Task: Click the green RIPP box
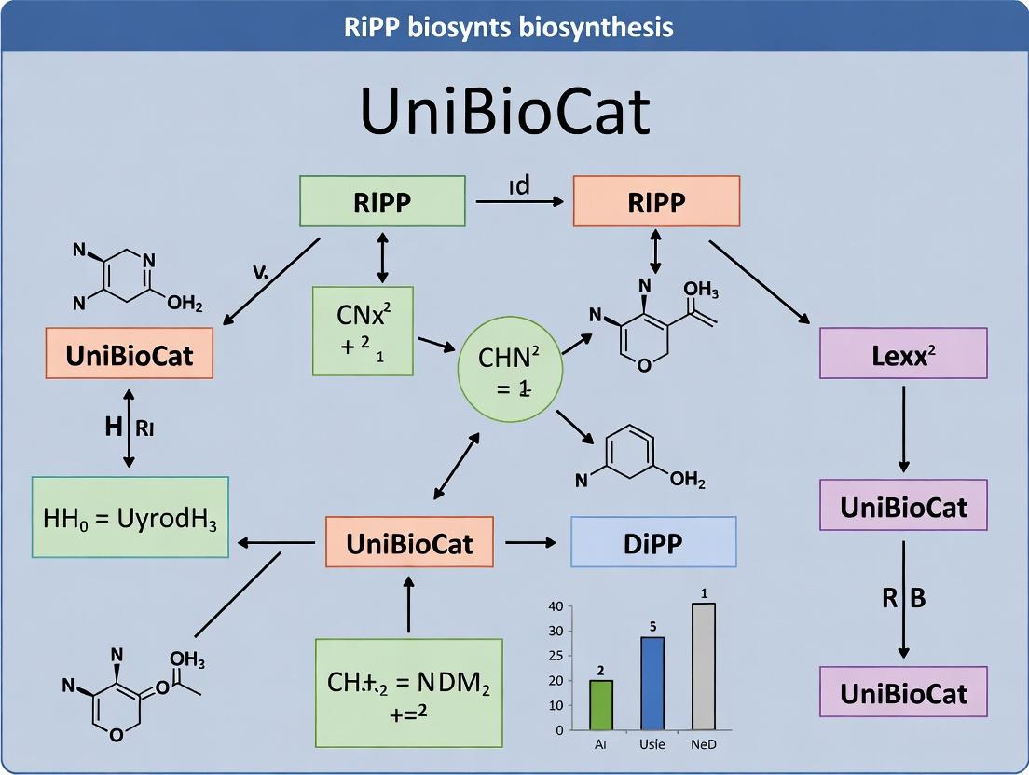click(382, 201)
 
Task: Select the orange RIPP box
click(656, 201)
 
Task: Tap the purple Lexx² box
click(902, 353)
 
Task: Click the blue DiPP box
click(652, 542)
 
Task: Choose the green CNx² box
click(363, 331)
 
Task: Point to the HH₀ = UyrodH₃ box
click(130, 517)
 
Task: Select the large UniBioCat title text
click(504, 112)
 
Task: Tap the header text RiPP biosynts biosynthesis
click(514, 26)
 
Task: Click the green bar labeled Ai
click(602, 705)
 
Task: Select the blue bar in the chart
click(652, 683)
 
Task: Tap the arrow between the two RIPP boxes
click(518, 201)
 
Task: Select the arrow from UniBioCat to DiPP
click(529, 542)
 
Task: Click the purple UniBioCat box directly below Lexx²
click(902, 507)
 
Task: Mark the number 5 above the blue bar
click(652, 625)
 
